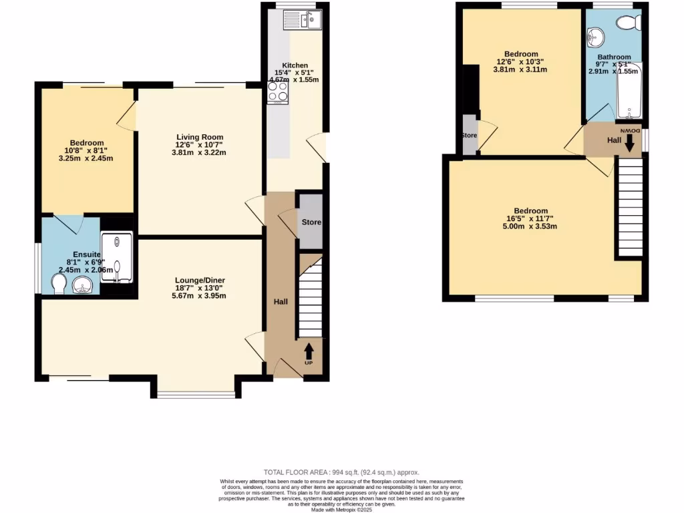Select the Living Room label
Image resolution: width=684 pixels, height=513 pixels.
(198, 136)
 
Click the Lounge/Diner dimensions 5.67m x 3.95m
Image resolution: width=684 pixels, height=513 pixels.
(198, 295)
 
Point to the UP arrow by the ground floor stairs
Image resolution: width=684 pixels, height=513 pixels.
(309, 353)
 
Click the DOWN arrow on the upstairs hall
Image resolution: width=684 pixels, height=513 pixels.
(629, 138)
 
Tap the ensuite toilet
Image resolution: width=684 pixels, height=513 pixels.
(57, 285)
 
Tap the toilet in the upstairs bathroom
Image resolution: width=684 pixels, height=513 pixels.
(627, 23)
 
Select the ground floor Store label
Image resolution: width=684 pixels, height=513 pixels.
(311, 222)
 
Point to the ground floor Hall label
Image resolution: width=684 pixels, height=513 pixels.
(281, 302)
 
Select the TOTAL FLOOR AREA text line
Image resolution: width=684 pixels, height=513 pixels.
(341, 472)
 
